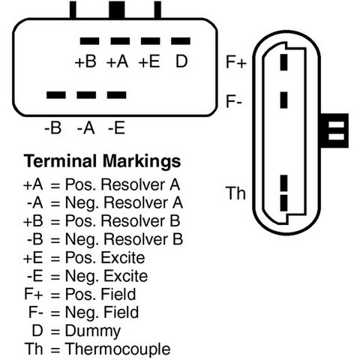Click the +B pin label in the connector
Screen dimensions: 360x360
coord(85,61)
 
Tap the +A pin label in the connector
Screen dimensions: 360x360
coord(118,61)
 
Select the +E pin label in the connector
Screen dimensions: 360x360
coord(149,61)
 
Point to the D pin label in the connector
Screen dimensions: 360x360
coord(181,61)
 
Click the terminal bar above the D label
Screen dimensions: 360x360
coord(181,41)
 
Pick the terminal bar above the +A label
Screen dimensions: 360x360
coord(120,41)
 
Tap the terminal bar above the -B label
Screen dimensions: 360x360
coord(56,95)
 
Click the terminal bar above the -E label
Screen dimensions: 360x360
coord(116,95)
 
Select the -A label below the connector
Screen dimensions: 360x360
coord(86,128)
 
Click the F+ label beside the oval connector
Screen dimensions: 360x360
coord(236,62)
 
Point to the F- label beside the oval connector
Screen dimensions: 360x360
coord(233,101)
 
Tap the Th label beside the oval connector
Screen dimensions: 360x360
coord(235,193)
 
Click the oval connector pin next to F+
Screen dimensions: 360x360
coord(283,62)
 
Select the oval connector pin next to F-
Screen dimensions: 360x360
coord(283,100)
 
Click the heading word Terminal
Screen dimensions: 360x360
coord(60,161)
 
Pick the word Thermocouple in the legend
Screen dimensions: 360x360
coord(118,349)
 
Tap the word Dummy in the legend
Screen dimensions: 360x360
coord(93,331)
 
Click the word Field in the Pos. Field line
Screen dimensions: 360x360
coord(118,294)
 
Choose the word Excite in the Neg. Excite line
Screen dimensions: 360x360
coord(126,276)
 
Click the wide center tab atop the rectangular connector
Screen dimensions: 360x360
coord(117,10)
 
